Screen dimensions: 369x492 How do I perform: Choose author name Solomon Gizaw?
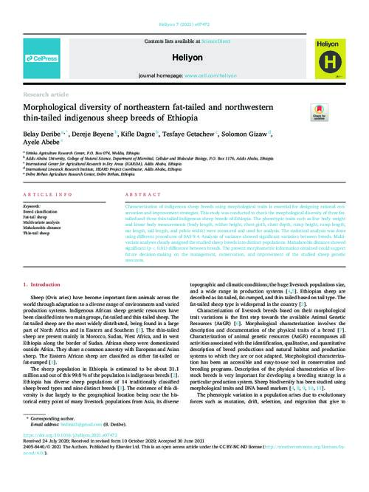[x=244, y=135]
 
